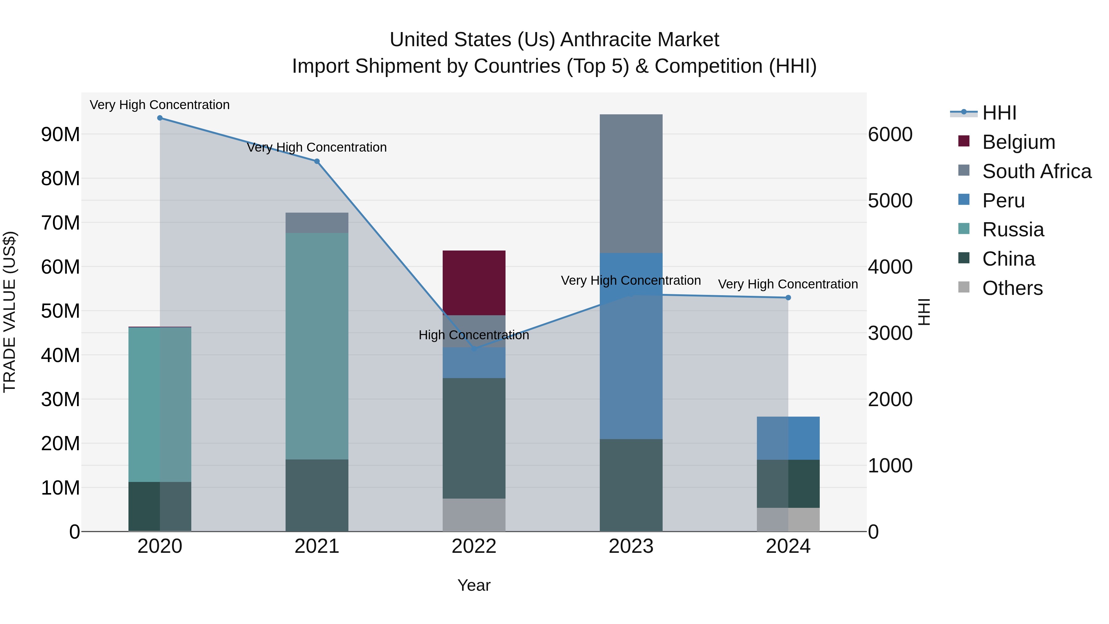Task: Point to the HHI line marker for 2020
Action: pos(160,118)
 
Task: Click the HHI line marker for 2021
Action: pos(317,161)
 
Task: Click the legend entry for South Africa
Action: pos(1036,171)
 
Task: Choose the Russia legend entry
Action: pos(1013,230)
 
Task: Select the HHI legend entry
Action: pos(999,113)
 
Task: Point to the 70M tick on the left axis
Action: pos(60,223)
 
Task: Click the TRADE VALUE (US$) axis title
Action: pos(10,312)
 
